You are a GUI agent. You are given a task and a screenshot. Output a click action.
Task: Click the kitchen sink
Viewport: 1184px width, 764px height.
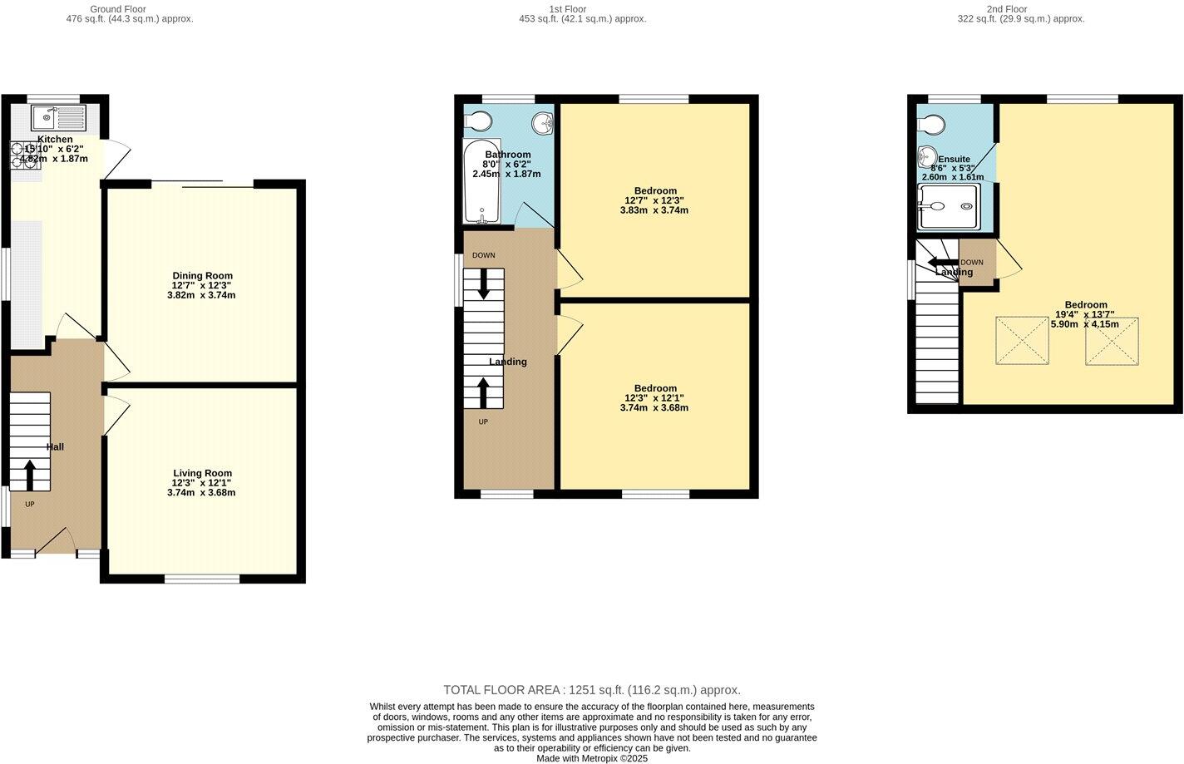click(x=57, y=117)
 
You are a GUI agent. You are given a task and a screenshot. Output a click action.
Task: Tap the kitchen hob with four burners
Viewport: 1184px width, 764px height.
click(x=26, y=155)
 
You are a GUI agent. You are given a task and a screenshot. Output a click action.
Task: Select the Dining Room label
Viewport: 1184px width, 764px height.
click(x=202, y=276)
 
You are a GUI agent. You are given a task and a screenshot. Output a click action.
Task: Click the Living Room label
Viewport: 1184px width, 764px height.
click(x=202, y=473)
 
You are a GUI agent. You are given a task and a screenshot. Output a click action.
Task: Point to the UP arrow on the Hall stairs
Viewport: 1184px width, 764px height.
click(x=30, y=476)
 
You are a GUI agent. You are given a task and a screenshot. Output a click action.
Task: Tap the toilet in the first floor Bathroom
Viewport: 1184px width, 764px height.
click(x=478, y=122)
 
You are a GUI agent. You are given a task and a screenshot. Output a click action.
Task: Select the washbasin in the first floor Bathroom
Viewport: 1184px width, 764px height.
click(x=543, y=123)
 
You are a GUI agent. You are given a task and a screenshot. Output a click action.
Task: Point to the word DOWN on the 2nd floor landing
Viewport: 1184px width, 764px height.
click(x=971, y=263)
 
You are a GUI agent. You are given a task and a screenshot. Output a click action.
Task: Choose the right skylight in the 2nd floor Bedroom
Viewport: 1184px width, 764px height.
click(x=1112, y=341)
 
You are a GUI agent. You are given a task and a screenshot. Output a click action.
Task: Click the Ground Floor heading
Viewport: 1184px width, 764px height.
click(x=117, y=9)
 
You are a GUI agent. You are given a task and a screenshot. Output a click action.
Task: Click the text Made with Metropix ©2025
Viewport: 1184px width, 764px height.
click(x=591, y=758)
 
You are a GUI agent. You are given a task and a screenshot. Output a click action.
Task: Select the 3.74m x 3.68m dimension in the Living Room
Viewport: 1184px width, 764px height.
click(x=201, y=492)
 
